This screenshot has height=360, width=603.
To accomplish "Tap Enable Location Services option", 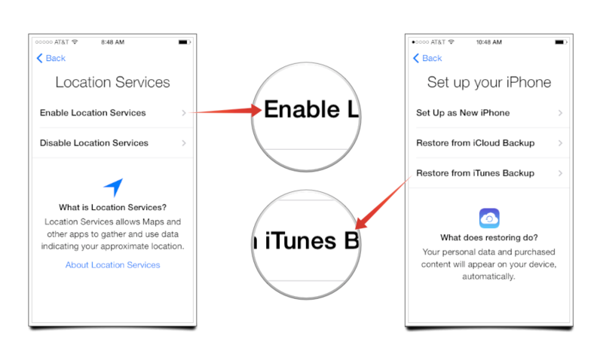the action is (93, 113).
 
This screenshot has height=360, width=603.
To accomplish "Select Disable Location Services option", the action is (93, 143).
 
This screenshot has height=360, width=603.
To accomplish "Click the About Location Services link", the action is (112, 264).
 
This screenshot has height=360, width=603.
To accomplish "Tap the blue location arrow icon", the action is (114, 187).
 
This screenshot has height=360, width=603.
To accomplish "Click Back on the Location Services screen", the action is (51, 58).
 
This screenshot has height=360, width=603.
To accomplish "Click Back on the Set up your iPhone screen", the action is (427, 58).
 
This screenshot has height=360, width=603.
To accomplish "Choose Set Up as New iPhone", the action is (463, 113).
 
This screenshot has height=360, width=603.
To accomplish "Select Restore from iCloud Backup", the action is (476, 143).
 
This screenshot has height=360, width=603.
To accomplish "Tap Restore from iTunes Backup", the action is (476, 173).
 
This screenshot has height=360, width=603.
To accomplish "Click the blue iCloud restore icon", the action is (489, 218).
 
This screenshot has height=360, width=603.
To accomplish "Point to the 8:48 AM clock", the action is (112, 42).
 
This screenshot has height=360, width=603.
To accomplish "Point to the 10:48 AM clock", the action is (488, 42).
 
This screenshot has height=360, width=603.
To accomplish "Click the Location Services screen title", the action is (112, 82).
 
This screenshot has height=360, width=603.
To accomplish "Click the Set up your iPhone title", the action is (489, 83).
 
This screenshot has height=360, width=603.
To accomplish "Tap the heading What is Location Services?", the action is (112, 207).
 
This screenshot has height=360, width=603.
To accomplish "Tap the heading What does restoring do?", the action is (489, 238).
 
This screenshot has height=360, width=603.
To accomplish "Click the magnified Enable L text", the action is (311, 109).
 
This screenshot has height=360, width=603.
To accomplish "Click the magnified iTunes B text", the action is (307, 241).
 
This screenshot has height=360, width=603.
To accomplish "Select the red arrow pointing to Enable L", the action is (227, 111).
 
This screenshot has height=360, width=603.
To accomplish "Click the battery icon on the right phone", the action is (561, 42).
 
